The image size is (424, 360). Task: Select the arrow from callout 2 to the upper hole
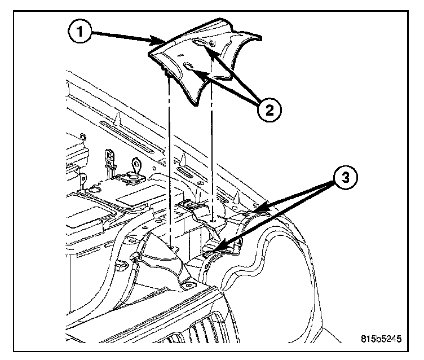pos(231,73)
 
